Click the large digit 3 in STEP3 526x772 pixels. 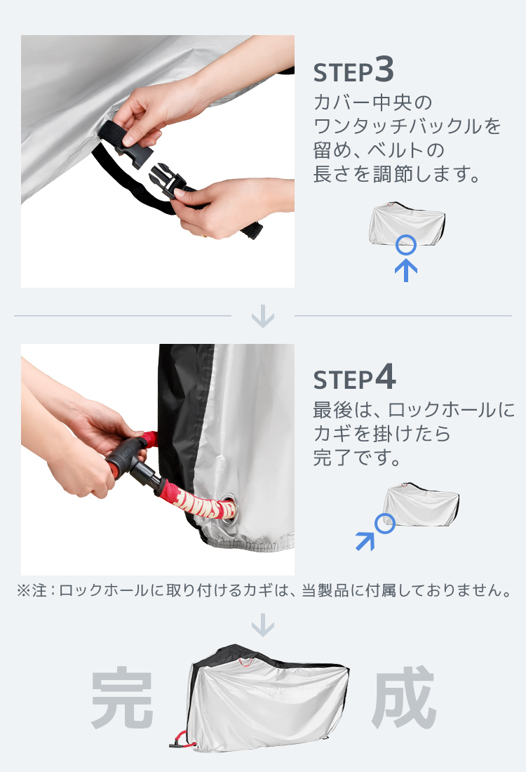click(x=384, y=69)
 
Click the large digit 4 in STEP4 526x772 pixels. click(x=386, y=378)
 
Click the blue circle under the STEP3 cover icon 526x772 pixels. click(x=406, y=245)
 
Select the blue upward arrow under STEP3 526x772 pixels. click(x=406, y=271)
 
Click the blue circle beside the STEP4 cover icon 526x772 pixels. click(x=385, y=524)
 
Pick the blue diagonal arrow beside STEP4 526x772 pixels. click(x=365, y=540)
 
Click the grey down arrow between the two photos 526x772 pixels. click(x=263, y=316)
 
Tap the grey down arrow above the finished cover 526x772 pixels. click(x=263, y=625)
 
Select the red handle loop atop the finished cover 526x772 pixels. click(x=246, y=661)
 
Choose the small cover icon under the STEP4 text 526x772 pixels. click(x=422, y=505)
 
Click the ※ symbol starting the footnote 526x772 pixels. click(x=23, y=590)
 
